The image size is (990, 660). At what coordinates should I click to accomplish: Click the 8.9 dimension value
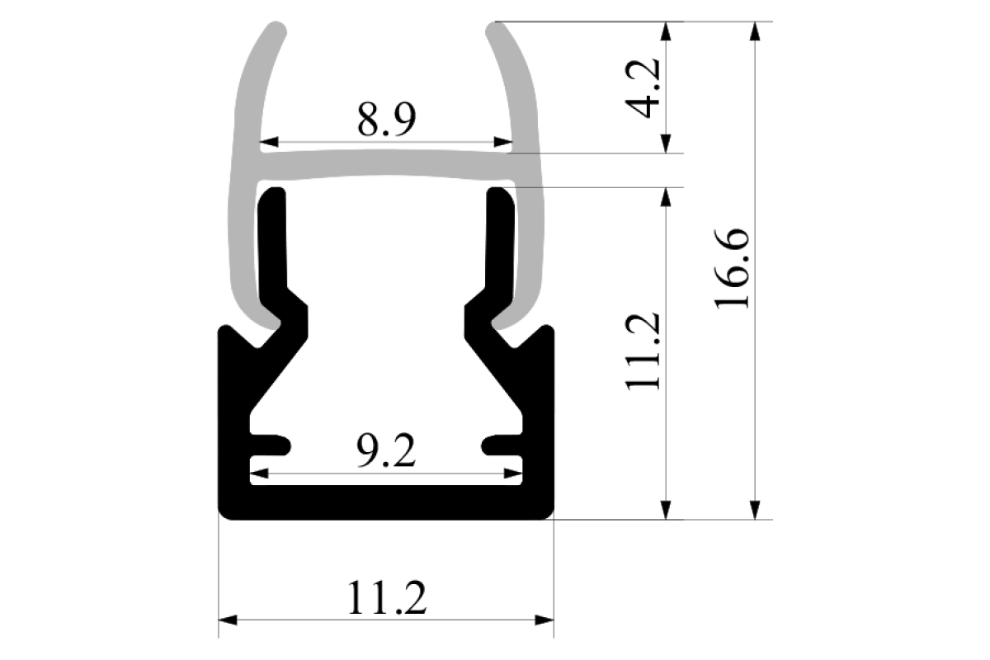386,120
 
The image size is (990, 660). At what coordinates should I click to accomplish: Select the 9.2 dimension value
386,450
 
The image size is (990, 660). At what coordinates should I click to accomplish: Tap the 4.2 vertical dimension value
642,88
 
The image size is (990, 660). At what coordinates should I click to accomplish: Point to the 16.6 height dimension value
732,268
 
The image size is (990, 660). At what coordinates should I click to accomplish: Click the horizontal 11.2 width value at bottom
387,597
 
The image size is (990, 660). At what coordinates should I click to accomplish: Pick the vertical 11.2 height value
642,351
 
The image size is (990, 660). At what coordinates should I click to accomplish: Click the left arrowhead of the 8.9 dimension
269,142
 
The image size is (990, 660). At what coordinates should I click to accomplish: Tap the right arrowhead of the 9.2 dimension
512,474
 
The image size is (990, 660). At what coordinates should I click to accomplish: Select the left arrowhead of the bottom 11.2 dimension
228,620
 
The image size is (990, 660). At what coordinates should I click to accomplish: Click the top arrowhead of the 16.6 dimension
755,31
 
